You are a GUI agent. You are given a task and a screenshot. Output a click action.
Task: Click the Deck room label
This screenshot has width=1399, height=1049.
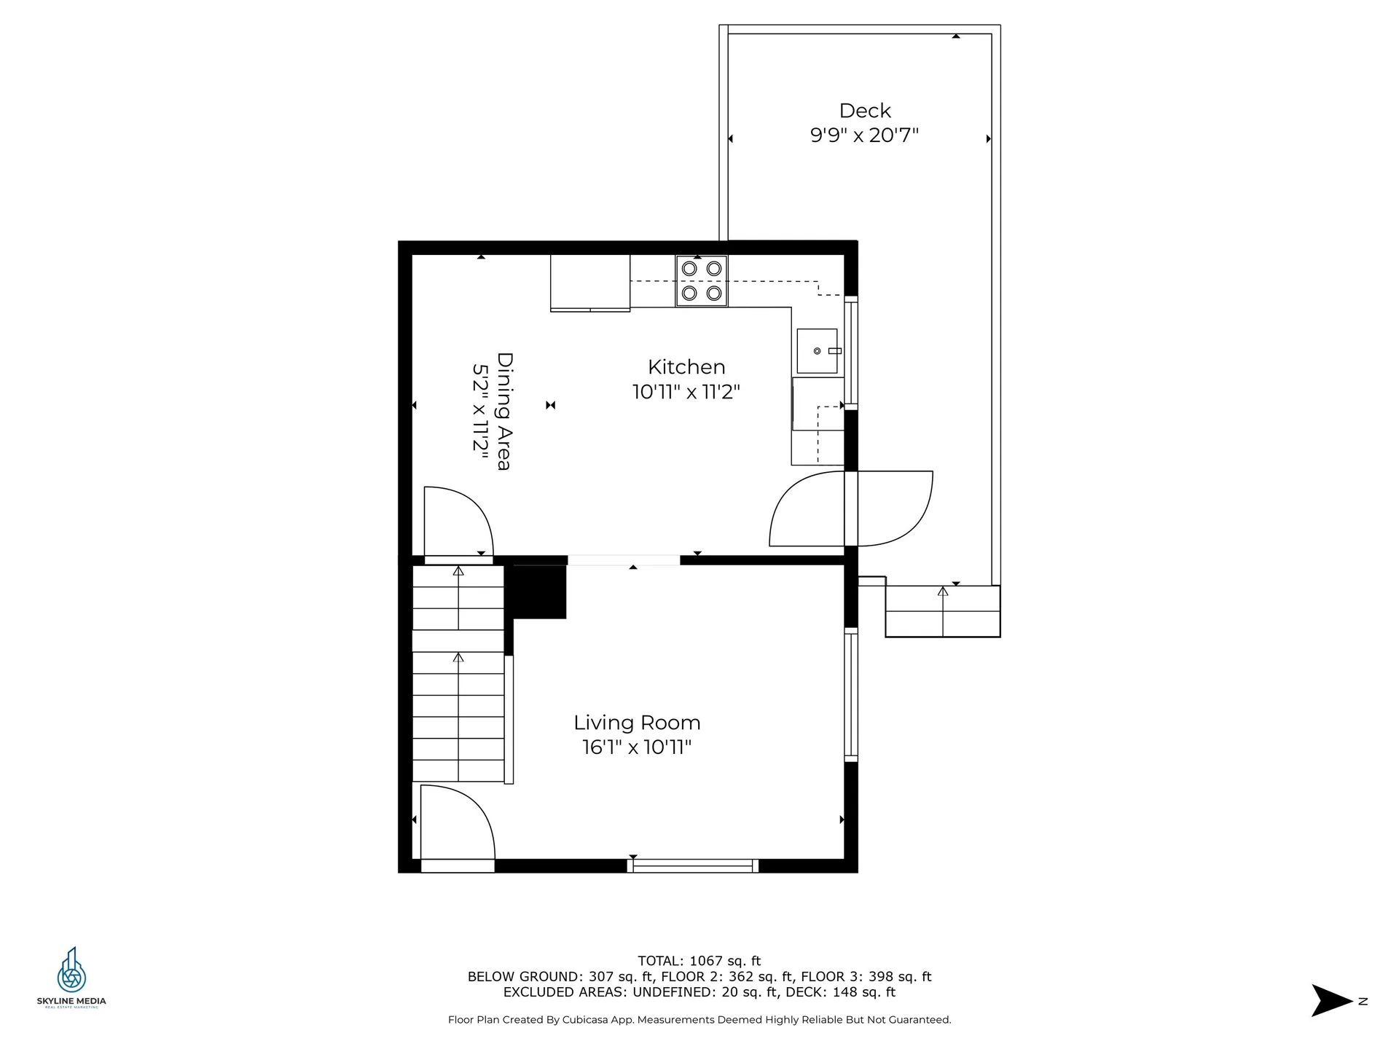tap(865, 111)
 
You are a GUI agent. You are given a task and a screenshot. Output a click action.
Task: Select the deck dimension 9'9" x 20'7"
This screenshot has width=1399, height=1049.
tap(864, 135)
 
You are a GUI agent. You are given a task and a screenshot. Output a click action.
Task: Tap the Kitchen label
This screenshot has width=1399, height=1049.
tap(686, 367)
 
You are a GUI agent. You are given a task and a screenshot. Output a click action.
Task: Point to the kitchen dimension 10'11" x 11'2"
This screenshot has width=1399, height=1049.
tap(686, 392)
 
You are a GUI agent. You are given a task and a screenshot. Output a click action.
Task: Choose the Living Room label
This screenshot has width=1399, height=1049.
tap(637, 723)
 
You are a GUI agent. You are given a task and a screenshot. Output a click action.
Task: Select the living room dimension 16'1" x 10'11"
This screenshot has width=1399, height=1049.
tap(636, 747)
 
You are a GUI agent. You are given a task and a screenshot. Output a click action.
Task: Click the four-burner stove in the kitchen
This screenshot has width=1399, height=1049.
tap(701, 280)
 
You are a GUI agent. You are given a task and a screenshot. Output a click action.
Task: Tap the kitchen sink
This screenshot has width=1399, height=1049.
tap(817, 351)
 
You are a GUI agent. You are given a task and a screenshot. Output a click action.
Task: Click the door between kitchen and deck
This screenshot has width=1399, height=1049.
tap(851, 508)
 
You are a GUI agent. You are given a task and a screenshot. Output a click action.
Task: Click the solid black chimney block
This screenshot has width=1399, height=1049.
tap(540, 592)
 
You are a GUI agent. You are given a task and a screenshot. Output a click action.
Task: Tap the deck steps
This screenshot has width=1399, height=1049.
tap(942, 612)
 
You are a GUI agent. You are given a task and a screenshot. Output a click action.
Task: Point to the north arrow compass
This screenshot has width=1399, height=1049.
tap(1334, 1001)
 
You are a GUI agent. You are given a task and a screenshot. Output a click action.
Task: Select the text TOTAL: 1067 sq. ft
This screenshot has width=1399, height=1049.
tap(699, 961)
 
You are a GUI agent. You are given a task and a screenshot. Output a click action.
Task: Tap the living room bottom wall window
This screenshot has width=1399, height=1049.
tap(692, 866)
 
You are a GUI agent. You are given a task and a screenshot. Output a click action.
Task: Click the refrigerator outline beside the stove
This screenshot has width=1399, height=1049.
tap(589, 283)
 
